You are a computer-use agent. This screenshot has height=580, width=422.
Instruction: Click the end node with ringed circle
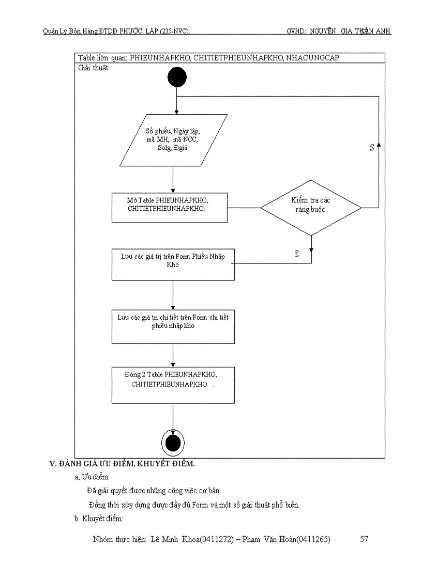tap(173, 443)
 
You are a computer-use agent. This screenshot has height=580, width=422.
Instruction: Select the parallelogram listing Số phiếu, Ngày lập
tap(173, 140)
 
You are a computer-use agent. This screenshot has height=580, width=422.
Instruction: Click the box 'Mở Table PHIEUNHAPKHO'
tap(169, 208)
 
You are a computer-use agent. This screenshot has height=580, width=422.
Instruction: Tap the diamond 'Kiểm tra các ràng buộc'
tap(311, 208)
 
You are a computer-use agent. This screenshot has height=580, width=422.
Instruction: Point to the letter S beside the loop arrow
tap(371, 148)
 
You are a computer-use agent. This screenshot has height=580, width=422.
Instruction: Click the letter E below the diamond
tap(297, 254)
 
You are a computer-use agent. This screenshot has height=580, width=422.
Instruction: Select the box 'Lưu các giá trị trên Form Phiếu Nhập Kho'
tap(173, 264)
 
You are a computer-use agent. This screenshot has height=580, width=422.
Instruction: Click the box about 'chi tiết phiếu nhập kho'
tap(173, 326)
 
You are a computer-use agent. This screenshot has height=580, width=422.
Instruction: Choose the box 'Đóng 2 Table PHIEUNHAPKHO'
tap(173, 385)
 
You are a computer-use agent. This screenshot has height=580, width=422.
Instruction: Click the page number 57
tap(364, 540)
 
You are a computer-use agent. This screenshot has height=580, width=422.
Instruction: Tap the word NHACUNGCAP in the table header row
tap(312, 57)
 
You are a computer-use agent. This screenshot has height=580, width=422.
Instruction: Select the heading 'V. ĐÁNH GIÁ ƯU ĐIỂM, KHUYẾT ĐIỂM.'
tap(122, 464)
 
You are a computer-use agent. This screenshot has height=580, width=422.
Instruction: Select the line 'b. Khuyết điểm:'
tap(99, 519)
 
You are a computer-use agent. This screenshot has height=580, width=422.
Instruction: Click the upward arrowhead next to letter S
tap(379, 146)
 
